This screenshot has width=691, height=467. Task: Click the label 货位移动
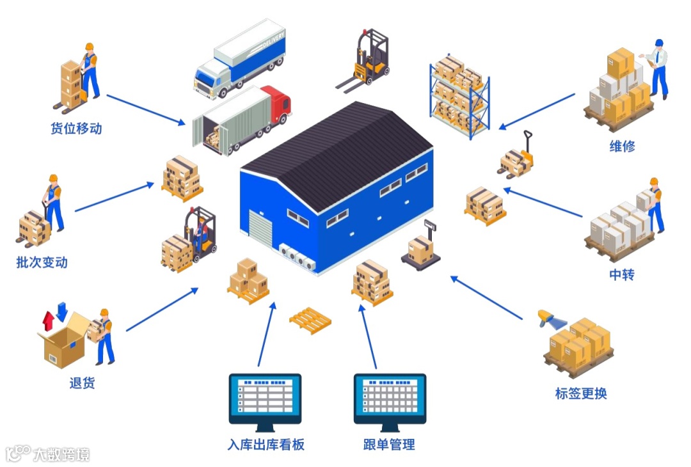click(x=76, y=128)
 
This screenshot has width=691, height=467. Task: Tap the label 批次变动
click(x=42, y=262)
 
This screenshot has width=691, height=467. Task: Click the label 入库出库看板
click(x=266, y=445)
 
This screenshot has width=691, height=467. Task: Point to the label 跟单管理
click(x=389, y=445)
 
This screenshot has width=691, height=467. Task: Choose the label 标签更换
click(x=581, y=393)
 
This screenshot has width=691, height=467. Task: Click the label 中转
click(x=622, y=275)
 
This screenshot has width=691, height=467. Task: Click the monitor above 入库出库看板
click(x=265, y=399)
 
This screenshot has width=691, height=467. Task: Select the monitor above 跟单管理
click(x=390, y=399)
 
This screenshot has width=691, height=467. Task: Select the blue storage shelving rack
click(x=459, y=96)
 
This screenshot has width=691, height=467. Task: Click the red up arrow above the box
click(x=48, y=319)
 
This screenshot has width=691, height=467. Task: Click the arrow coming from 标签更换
click(x=486, y=298)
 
